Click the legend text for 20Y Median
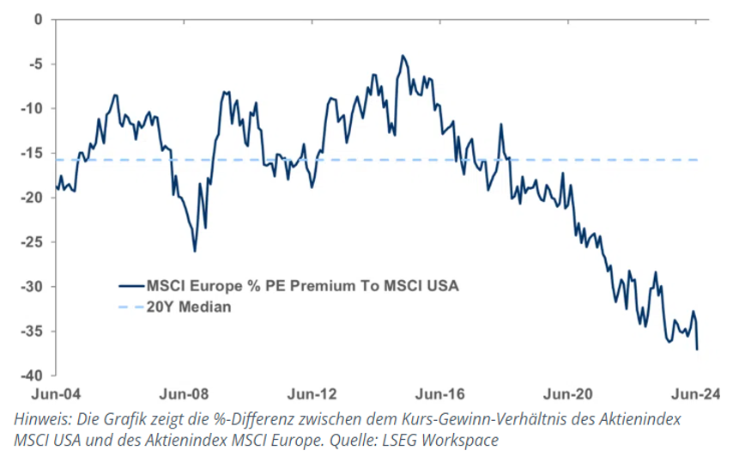189,307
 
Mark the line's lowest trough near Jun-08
195,251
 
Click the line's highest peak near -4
402,56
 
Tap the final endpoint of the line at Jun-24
697,349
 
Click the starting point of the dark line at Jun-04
57,186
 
